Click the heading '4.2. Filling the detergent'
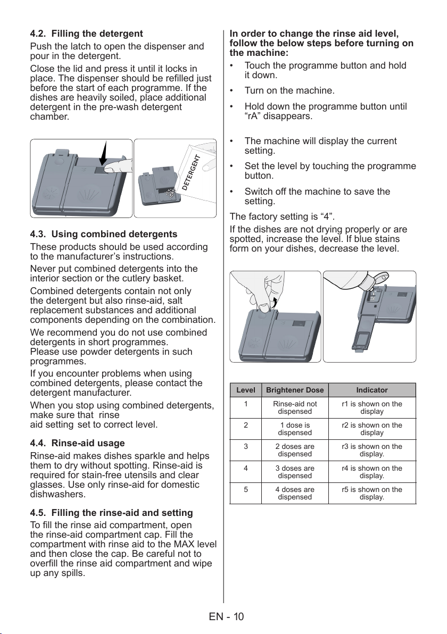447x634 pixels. coord(87,34)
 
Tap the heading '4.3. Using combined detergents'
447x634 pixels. coord(104,234)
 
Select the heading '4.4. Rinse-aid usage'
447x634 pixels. coord(77,443)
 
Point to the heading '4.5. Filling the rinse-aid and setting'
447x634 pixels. coord(111,513)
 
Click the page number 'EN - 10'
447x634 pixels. coord(227,616)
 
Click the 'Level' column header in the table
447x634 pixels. coord(245,390)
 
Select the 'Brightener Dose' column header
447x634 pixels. coord(295,390)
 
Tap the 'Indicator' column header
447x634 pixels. coord(372,390)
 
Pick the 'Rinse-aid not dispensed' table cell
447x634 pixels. coord(295,407)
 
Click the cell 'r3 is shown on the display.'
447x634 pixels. coord(372,450)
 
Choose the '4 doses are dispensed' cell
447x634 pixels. coord(295,493)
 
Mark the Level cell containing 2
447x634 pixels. coord(245,425)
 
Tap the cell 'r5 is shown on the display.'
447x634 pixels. coord(372,493)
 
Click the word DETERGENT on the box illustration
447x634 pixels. coord(192,172)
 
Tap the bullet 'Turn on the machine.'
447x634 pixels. coord(289,90)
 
